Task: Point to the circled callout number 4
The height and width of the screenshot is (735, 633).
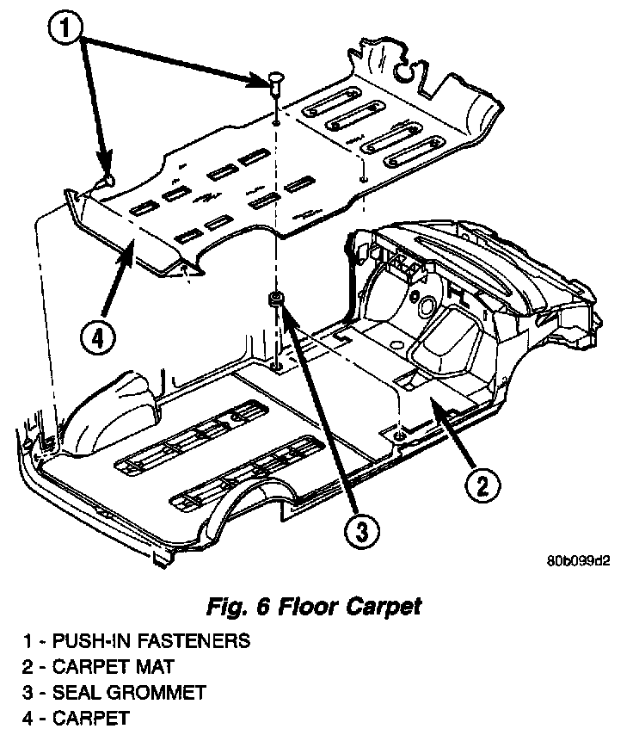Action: click(x=97, y=338)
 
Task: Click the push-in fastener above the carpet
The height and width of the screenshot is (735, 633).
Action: click(x=274, y=83)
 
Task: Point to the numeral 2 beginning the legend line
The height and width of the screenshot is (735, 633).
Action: click(x=28, y=666)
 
